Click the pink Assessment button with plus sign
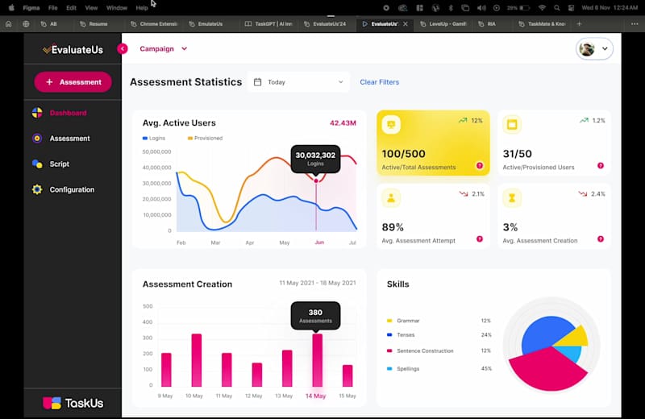[73, 81]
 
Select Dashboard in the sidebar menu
[68, 113]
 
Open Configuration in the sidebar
[72, 190]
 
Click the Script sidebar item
[59, 164]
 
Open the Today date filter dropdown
[298, 82]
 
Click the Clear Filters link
[379, 82]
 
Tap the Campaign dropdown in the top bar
[163, 49]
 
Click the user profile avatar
[588, 49]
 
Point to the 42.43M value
[343, 123]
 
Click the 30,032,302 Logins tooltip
[315, 159]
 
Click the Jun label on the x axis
[319, 243]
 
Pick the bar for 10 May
[196, 360]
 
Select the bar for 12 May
[257, 375]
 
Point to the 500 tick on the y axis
[148, 306]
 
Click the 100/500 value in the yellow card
[403, 154]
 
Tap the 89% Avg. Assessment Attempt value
[393, 227]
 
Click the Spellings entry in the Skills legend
[408, 368]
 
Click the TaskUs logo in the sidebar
[73, 402]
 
